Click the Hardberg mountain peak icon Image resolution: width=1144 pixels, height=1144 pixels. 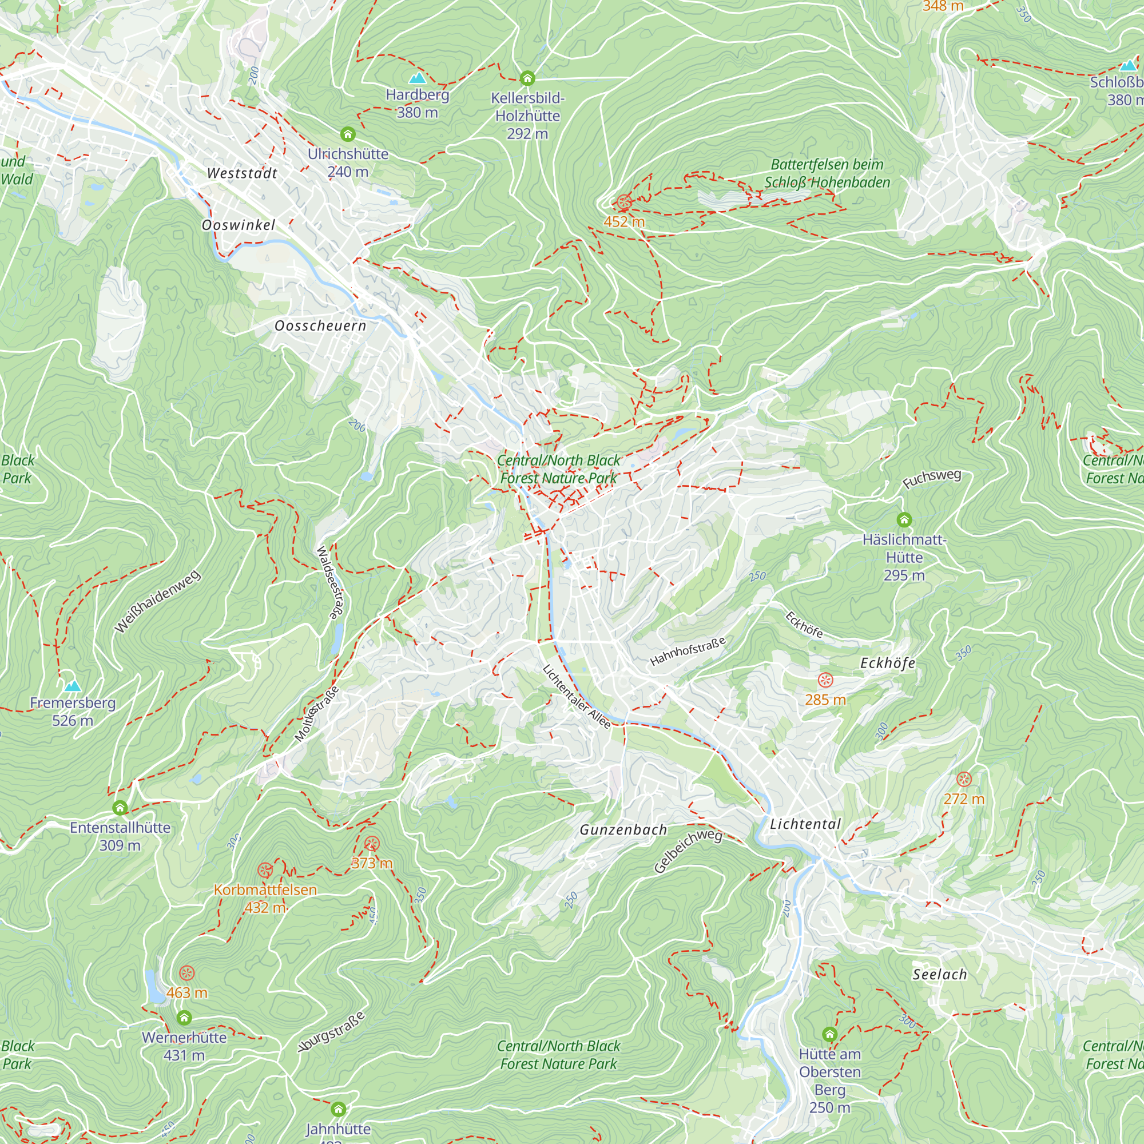click(x=418, y=78)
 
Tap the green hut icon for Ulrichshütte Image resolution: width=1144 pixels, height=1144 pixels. click(x=348, y=134)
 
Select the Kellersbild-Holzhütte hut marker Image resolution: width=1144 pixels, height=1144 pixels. click(x=527, y=78)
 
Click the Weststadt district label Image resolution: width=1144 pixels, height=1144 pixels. click(x=242, y=173)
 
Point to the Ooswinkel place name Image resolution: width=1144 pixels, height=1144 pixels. click(x=238, y=225)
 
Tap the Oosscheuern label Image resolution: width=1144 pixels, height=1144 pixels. click(x=320, y=325)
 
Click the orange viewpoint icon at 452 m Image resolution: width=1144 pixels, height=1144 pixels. click(x=623, y=202)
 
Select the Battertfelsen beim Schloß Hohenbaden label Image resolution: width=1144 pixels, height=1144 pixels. click(x=827, y=173)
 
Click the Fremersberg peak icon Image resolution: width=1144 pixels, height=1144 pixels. click(x=72, y=686)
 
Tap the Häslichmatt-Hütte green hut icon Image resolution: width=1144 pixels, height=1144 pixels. click(x=904, y=520)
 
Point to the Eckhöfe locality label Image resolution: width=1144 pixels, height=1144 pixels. click(x=888, y=663)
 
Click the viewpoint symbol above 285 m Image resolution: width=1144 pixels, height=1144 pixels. click(x=825, y=680)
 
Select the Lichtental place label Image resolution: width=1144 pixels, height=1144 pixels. click(x=805, y=824)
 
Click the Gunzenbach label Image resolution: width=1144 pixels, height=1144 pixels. click(x=623, y=830)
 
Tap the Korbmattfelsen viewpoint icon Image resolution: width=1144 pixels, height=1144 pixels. click(x=265, y=871)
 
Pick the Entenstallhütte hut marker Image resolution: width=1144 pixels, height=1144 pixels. click(x=120, y=808)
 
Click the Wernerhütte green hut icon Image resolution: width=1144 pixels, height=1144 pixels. click(x=184, y=1018)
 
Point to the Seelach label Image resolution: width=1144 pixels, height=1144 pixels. click(x=940, y=975)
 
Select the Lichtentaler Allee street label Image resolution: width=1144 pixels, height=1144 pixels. click(x=576, y=697)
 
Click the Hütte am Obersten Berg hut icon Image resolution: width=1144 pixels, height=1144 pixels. click(x=829, y=1034)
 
